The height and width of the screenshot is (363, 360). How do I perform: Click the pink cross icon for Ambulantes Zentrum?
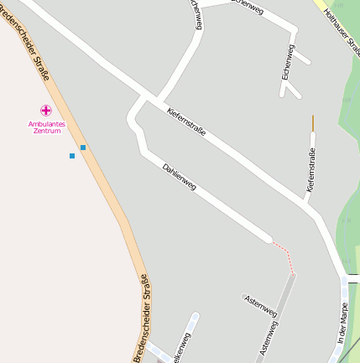pyautogui.click(x=46, y=110)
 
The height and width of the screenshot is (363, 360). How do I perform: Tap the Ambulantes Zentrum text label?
pyautogui.click(x=46, y=127)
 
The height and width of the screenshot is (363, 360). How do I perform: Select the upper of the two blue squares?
pyautogui.click(x=83, y=148)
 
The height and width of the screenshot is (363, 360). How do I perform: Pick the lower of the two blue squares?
pyautogui.click(x=72, y=156)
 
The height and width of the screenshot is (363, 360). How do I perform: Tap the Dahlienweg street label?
pyautogui.click(x=179, y=176)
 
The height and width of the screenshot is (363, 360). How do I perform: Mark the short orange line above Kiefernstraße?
pyautogui.click(x=313, y=122)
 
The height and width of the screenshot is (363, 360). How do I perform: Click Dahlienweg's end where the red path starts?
pyautogui.click(x=268, y=240)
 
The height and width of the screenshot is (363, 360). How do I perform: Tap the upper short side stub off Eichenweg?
pyautogui.click(x=303, y=60)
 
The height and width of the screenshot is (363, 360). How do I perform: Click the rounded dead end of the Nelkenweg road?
pyautogui.click(x=196, y=317)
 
